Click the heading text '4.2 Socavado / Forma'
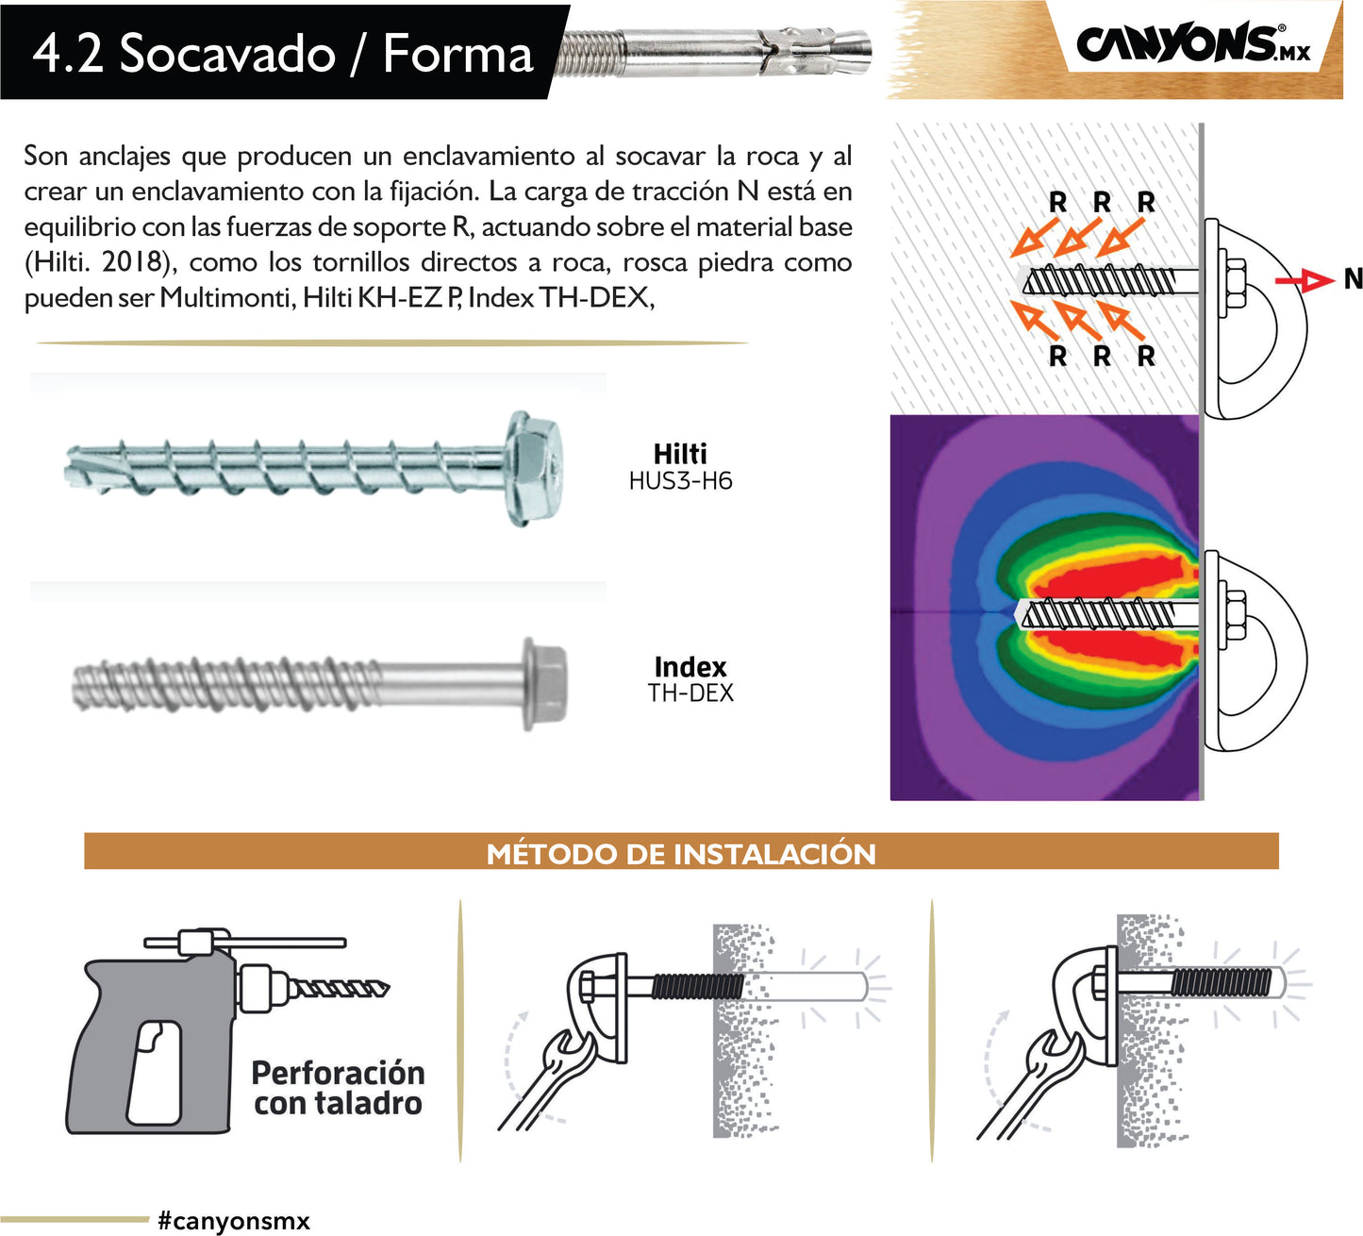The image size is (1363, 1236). click(x=283, y=53)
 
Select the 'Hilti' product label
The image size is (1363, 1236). click(x=680, y=454)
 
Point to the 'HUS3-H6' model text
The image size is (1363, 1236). click(x=680, y=481)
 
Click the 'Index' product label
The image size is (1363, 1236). click(x=690, y=667)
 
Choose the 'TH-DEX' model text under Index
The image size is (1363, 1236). click(x=690, y=693)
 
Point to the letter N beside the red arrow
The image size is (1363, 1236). click(x=1353, y=279)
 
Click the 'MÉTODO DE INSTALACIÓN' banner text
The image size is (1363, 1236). click(x=681, y=854)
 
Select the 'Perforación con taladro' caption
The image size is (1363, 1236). click(x=338, y=1088)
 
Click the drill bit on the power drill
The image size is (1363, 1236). click(x=340, y=989)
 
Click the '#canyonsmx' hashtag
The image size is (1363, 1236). click(x=234, y=1220)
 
